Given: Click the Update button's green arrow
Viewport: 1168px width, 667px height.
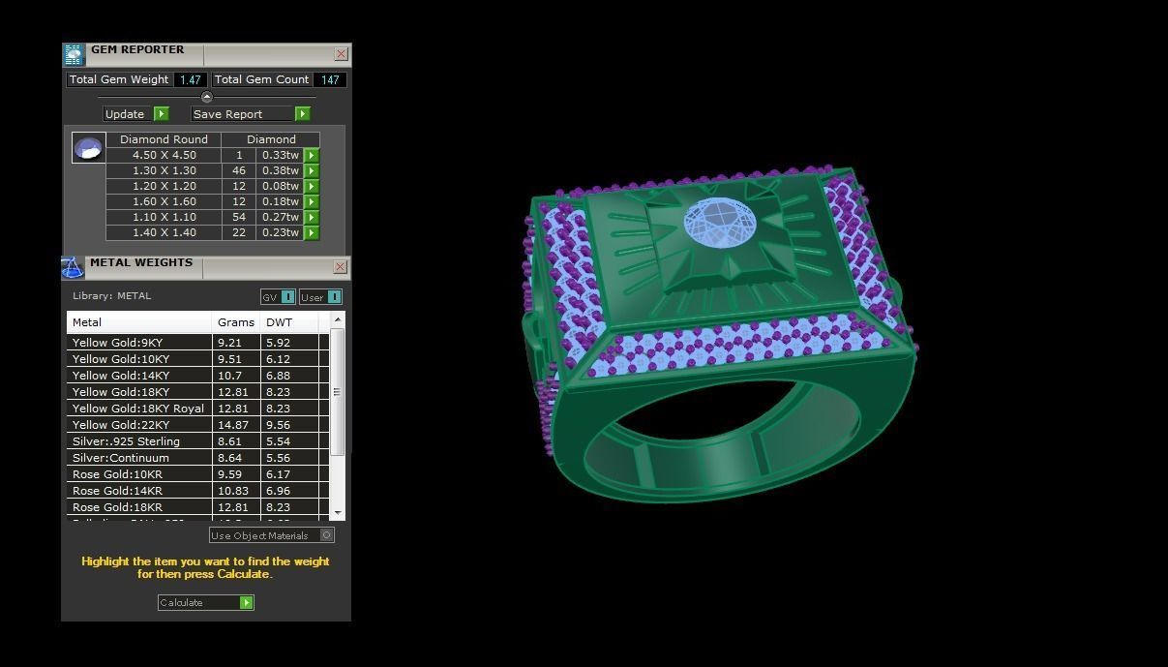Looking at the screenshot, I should point(162,114).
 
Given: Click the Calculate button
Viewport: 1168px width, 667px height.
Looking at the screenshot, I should point(205,603).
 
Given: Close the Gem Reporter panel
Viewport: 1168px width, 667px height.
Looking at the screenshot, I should point(341,54).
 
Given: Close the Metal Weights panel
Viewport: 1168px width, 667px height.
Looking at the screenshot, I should point(341,267).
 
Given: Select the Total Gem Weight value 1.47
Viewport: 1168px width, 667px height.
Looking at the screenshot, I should point(190,80).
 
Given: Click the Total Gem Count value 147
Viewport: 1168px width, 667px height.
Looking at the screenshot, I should point(330,80).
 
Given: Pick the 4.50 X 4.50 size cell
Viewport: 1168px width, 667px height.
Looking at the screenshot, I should point(164,155).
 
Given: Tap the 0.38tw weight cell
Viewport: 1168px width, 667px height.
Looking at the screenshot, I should point(280,170).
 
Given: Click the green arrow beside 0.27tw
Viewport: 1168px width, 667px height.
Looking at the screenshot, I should point(312,217).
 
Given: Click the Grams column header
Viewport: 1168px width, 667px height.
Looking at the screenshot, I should point(236,322).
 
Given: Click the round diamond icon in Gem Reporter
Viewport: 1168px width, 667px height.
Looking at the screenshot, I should point(88,148).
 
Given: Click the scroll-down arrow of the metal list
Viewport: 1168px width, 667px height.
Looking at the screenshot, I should point(338,512).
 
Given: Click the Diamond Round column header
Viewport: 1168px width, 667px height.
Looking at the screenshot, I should point(164,139).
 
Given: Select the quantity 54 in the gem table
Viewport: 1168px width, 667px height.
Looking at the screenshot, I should point(239,217).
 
